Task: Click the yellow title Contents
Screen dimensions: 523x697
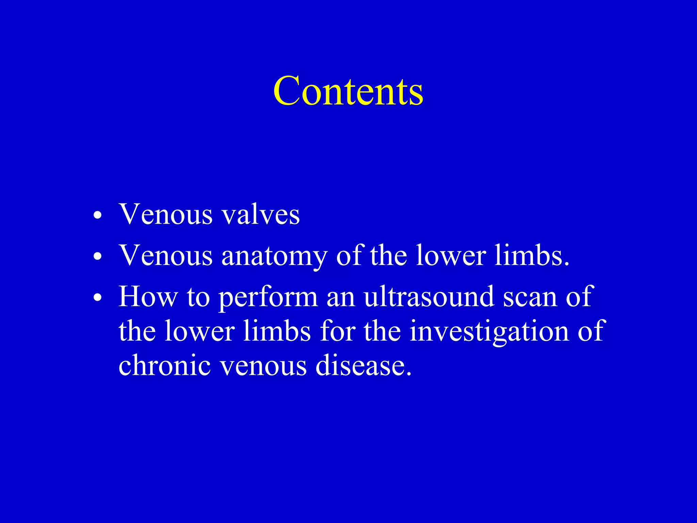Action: click(348, 91)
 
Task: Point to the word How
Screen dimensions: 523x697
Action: click(148, 297)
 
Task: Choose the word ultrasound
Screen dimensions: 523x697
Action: click(428, 297)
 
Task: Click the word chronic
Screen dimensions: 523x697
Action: click(165, 365)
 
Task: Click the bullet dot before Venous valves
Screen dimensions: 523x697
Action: click(98, 216)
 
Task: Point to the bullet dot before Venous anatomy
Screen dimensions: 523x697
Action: click(98, 257)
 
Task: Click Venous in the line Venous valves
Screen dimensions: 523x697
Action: click(166, 215)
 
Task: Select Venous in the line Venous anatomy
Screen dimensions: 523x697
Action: click(166, 256)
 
